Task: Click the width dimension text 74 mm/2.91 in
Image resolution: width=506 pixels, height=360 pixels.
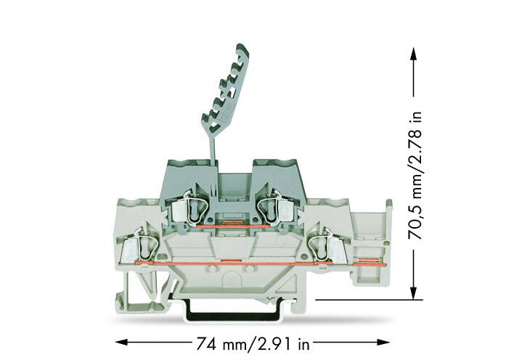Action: click(x=253, y=343)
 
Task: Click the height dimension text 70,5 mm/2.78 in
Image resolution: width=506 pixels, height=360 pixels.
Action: click(x=415, y=176)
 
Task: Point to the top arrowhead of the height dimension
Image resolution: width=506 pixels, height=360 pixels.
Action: click(x=413, y=53)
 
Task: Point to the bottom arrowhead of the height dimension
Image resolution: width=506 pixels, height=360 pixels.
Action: click(x=413, y=292)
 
